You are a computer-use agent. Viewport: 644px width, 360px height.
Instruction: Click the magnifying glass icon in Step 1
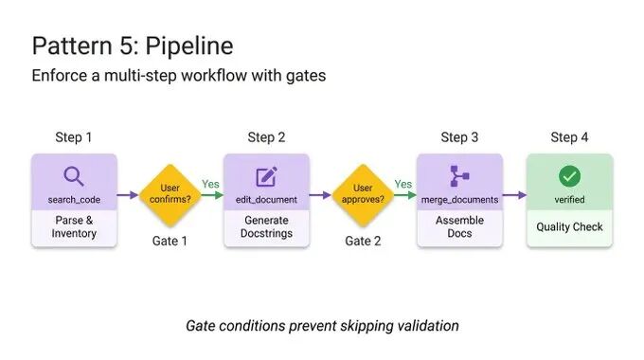tap(74, 176)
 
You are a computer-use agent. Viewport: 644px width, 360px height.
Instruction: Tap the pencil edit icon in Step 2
tap(266, 176)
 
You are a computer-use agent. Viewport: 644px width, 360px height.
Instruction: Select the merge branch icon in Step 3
tap(459, 176)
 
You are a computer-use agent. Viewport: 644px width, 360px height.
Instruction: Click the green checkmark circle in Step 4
tap(570, 176)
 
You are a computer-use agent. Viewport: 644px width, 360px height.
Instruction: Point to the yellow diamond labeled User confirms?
tap(170, 195)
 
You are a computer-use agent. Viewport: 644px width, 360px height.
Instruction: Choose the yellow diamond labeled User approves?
tap(363, 195)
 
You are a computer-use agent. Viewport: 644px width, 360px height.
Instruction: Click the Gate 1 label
tap(170, 241)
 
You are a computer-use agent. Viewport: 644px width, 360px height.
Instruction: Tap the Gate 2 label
tap(363, 241)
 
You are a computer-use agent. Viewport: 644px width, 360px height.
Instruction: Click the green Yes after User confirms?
tap(210, 184)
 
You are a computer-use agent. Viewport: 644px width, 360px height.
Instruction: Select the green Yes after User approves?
tap(402, 184)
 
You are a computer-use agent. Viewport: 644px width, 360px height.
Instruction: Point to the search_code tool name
tap(74, 200)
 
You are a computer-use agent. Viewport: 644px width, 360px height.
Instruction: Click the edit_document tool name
tap(266, 200)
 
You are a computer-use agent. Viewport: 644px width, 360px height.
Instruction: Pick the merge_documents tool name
tap(459, 200)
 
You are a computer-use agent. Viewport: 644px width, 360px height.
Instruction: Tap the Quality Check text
tap(570, 226)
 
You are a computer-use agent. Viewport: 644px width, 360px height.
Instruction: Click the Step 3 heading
tap(459, 137)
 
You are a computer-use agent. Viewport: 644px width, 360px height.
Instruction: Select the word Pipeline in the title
tap(189, 45)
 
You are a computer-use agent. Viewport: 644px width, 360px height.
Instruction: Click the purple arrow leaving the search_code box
tap(128, 195)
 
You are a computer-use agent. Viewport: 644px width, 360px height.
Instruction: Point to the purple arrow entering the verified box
tap(514, 195)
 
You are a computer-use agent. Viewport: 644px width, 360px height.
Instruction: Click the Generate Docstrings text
tap(266, 226)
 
